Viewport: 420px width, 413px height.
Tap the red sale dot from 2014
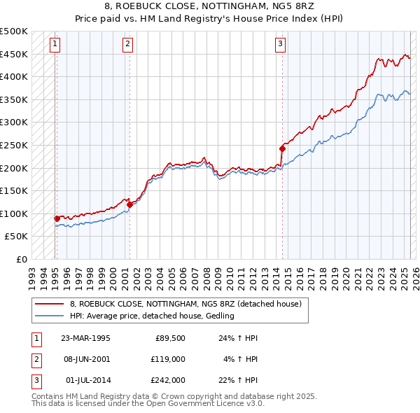pyautogui.click(x=282, y=148)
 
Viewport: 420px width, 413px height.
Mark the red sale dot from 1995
pyautogui.click(x=57, y=218)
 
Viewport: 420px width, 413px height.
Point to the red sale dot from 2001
pyautogui.click(x=129, y=204)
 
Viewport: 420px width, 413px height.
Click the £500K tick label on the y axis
pyautogui.click(x=14, y=31)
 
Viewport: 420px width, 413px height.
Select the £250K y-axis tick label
pyautogui.click(x=14, y=145)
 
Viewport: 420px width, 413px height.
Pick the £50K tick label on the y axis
pyautogui.click(x=17, y=237)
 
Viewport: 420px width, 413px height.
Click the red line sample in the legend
pyautogui.click(x=50, y=304)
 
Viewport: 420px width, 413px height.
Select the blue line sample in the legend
pyautogui.click(x=50, y=316)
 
